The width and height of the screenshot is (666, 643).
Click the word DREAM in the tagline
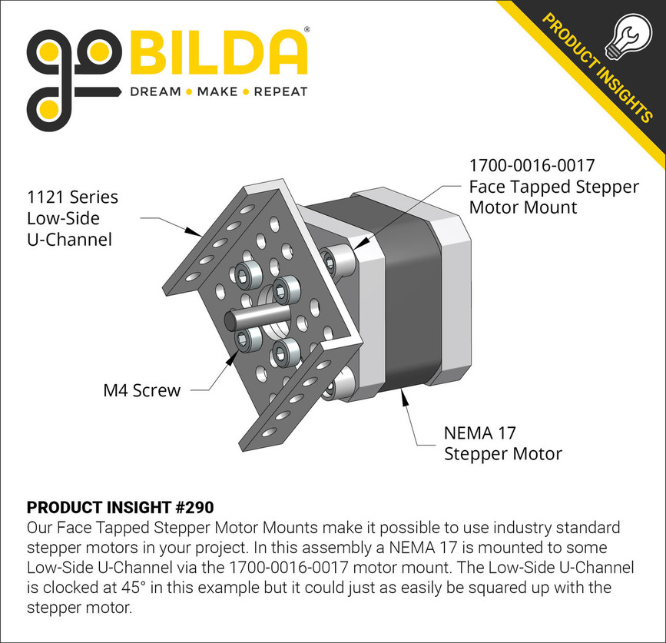coord(154,92)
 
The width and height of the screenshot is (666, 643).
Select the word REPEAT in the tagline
coord(280,92)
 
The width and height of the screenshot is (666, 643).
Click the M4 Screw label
coord(141,390)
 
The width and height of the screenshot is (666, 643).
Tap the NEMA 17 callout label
coord(477,433)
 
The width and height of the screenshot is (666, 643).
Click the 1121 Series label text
coord(73,197)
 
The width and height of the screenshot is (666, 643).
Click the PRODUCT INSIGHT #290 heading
coord(120,508)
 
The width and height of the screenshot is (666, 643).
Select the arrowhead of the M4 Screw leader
coord(234,355)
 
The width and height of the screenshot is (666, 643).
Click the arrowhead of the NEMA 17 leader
coord(403,394)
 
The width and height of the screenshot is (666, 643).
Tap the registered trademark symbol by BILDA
coord(307,30)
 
